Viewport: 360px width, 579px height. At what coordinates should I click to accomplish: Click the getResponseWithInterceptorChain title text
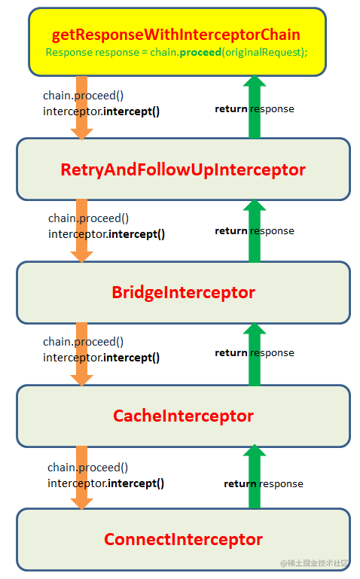point(175,35)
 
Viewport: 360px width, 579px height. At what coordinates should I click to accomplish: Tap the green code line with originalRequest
point(176,52)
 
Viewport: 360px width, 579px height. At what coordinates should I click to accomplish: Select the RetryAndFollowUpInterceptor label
point(183,170)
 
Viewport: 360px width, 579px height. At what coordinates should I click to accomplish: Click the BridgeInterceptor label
point(183,292)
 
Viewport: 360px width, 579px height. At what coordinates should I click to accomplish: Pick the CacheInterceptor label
point(183,416)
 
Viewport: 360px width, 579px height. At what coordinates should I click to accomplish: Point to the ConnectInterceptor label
point(183,539)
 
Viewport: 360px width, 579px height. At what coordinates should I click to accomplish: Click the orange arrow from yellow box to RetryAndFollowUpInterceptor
point(81,108)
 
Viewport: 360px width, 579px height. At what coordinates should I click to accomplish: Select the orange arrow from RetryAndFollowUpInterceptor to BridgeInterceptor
point(81,231)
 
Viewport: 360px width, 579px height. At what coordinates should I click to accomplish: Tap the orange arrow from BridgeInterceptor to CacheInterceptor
point(81,355)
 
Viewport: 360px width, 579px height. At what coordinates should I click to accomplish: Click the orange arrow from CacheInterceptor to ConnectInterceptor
point(81,478)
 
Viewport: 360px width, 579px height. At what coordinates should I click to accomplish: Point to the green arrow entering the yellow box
point(255,107)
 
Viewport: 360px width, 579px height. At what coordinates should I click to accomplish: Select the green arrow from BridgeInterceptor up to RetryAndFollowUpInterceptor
point(255,231)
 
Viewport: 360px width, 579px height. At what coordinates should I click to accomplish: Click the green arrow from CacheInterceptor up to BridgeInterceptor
point(255,354)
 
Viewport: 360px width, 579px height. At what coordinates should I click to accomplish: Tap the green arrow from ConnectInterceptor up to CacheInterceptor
point(255,477)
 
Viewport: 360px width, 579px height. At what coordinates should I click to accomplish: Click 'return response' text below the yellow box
point(255,109)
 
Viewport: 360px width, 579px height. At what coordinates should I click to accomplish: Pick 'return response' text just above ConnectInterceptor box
point(264,483)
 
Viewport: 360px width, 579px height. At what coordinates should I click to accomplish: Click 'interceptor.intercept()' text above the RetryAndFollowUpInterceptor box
point(101,111)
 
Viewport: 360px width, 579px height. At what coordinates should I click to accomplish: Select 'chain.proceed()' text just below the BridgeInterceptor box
point(83,342)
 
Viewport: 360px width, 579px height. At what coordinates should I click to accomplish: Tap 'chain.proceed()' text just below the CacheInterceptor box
point(87,468)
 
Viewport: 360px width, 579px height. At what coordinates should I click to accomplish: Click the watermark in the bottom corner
point(314,562)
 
